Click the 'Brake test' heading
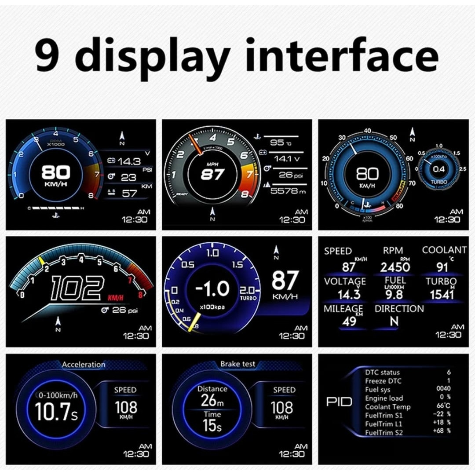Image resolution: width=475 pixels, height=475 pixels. tap(237, 364)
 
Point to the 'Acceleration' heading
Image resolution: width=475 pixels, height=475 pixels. tap(84, 364)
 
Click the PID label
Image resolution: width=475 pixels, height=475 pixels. tap(339, 402)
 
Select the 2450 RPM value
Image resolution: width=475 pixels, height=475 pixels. tap(395, 267)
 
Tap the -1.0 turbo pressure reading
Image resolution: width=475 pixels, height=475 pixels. tap(212, 289)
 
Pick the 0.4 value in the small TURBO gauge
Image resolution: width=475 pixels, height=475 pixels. tap(438, 169)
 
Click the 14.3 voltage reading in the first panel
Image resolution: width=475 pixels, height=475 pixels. tap(129, 162)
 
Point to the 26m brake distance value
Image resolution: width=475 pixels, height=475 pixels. tap(212, 400)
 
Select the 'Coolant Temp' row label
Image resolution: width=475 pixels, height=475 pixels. tap(387, 407)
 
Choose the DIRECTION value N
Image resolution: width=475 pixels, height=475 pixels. tap(394, 322)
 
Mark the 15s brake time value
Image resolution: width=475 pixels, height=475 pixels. tap(212, 425)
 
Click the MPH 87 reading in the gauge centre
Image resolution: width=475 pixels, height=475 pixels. tap(212, 174)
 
